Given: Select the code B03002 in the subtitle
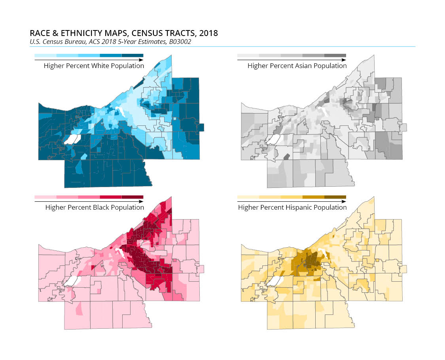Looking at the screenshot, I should pyautogui.click(x=180, y=41).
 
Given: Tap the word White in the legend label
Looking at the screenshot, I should pyautogui.click(x=101, y=66).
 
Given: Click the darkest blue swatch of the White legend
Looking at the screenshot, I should pyautogui.click(x=132, y=56).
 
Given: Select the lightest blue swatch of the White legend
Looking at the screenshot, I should pyautogui.click(x=45, y=56).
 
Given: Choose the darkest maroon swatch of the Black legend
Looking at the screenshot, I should pyautogui.click(x=132, y=197).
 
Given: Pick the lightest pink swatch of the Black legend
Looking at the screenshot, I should pyautogui.click(x=45, y=197).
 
